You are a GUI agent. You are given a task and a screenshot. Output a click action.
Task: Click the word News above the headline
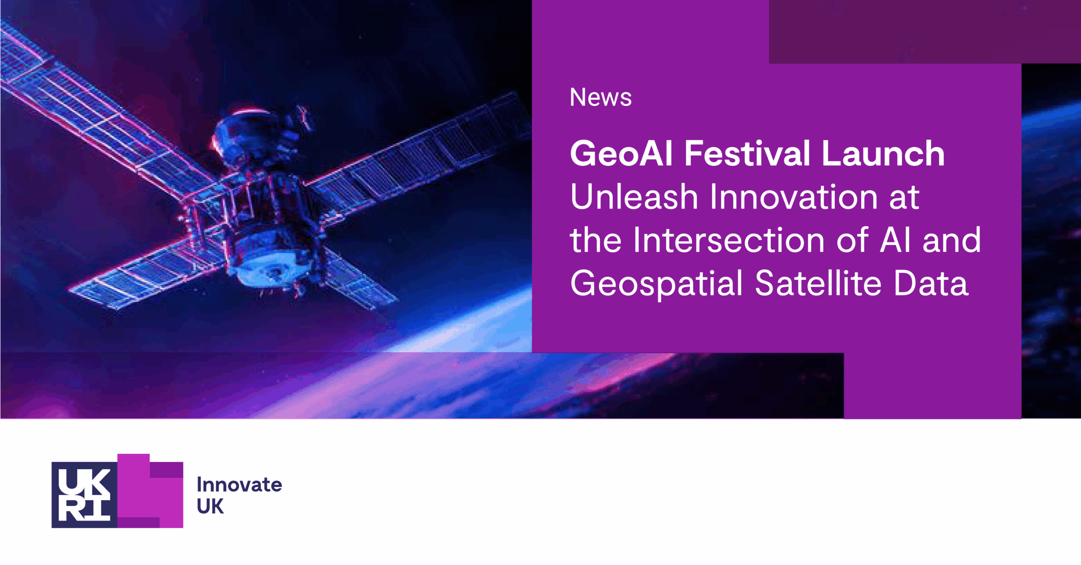click(x=600, y=98)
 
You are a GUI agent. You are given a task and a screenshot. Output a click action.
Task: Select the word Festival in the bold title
click(x=747, y=154)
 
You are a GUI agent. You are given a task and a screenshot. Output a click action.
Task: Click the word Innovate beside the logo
click(x=239, y=485)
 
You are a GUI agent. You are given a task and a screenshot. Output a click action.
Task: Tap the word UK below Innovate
click(x=210, y=507)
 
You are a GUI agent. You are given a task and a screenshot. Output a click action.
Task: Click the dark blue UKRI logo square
click(x=84, y=495)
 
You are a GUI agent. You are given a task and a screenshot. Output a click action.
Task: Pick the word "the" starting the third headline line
click(x=595, y=241)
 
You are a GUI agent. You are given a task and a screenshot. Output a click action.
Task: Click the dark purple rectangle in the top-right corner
click(x=925, y=32)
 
